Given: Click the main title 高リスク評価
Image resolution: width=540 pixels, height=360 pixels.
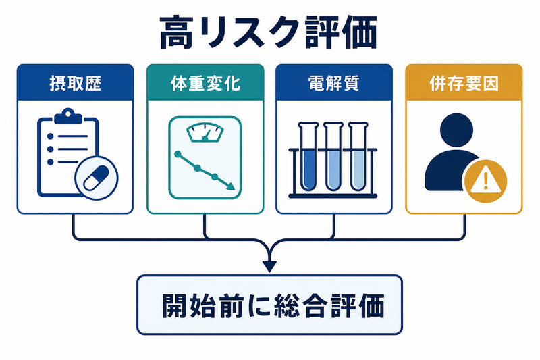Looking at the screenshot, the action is (268, 32).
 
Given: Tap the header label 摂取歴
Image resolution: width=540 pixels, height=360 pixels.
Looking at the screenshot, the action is (76, 83).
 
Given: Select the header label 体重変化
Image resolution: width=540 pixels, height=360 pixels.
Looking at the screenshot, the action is (205, 83).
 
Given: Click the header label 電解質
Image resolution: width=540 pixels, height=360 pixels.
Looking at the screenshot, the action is (333, 83).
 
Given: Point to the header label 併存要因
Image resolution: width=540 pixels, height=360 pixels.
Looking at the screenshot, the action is (464, 83).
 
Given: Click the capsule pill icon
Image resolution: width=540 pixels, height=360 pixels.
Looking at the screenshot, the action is (97, 178).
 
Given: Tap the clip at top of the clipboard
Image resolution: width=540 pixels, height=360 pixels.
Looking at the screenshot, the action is (68, 116).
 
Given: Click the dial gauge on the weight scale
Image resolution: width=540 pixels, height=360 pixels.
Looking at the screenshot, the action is (205, 132).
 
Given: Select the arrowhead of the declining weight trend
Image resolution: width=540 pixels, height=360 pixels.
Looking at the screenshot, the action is (230, 186).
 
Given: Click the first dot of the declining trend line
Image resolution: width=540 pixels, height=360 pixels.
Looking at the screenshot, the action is (178, 154).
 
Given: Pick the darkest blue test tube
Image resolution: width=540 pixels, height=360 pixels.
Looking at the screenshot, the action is (308, 157).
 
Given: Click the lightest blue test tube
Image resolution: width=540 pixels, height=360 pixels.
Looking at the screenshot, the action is (358, 157).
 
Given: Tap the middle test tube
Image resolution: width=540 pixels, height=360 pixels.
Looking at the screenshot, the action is (333, 157).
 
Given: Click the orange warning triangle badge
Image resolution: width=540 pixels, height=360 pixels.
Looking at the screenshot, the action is (485, 181).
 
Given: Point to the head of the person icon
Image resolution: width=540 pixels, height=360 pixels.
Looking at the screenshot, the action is (457, 130).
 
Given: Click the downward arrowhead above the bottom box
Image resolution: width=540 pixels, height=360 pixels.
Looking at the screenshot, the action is (269, 266).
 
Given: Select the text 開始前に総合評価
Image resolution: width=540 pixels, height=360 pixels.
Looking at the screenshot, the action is (273, 306).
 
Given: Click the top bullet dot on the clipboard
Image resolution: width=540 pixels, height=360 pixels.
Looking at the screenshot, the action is (50, 136).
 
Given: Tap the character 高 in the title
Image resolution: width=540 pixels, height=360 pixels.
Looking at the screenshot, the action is (176, 32).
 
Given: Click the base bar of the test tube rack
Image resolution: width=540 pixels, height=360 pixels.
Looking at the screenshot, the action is (333, 196).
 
